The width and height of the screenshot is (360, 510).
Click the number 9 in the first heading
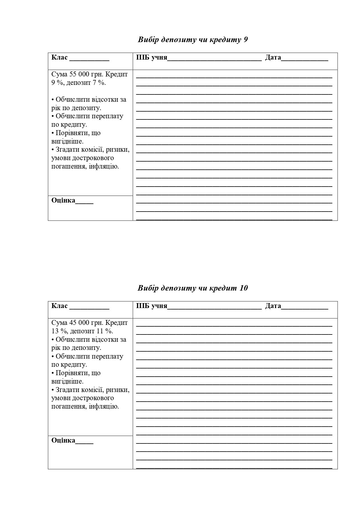point(246,40)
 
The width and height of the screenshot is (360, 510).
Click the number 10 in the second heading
point(244,288)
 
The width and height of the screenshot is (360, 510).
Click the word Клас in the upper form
point(59,57)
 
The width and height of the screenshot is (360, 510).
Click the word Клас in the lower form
point(59,306)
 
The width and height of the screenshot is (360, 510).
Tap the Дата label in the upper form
point(273,57)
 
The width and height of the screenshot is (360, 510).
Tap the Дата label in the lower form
point(273,306)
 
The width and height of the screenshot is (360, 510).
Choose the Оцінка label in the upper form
point(63,201)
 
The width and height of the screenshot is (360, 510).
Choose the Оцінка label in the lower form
point(63,441)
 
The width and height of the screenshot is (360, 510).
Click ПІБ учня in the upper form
point(152,57)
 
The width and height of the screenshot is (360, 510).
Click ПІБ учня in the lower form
point(152,306)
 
